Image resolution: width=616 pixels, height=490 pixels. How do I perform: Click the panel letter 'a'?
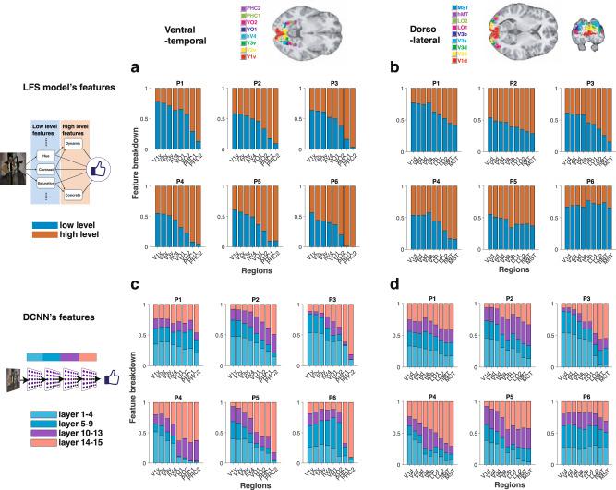[136, 68]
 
